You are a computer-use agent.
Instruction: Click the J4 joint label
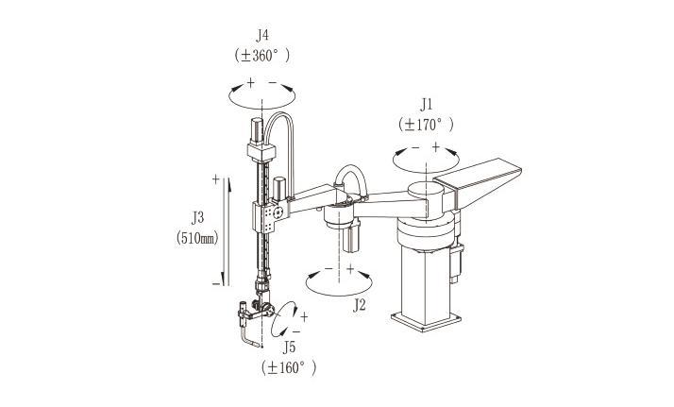tap(262, 35)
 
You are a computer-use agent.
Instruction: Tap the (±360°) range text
tap(262, 56)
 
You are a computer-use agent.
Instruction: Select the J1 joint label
tap(426, 105)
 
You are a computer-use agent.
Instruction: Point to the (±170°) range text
tap(426, 125)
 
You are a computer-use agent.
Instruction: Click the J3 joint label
tap(197, 218)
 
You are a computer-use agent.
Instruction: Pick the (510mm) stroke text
tap(197, 238)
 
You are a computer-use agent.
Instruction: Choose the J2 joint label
tap(360, 305)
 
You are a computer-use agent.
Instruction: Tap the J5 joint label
tap(289, 348)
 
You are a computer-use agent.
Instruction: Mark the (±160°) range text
tap(289, 368)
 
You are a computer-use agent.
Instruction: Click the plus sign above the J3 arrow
tap(216, 178)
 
